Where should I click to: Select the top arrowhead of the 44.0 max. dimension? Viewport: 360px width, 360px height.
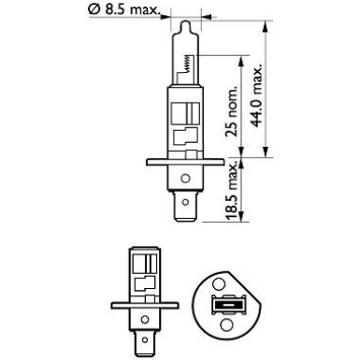coord(269,21)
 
